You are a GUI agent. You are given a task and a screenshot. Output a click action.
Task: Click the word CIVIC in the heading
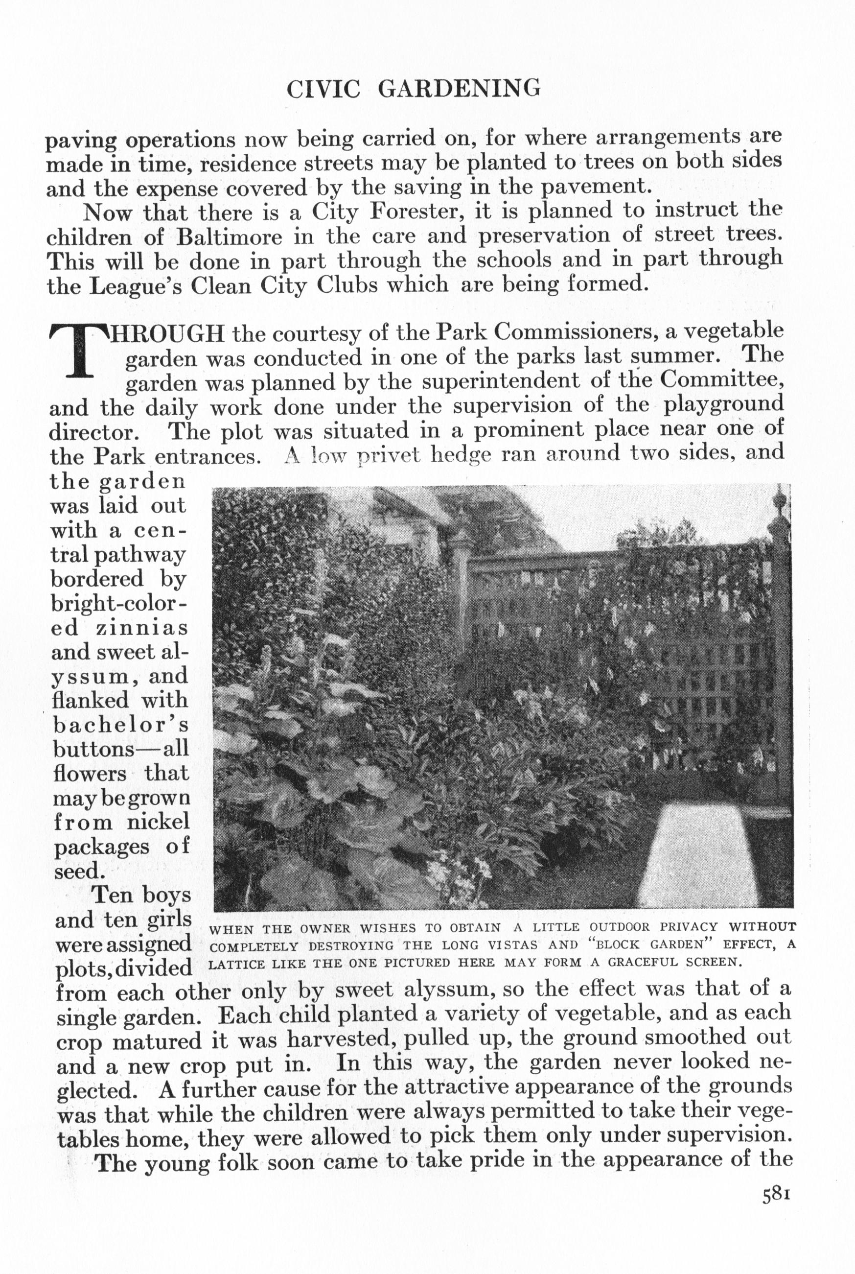324,89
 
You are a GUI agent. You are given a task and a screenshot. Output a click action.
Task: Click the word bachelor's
120,725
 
